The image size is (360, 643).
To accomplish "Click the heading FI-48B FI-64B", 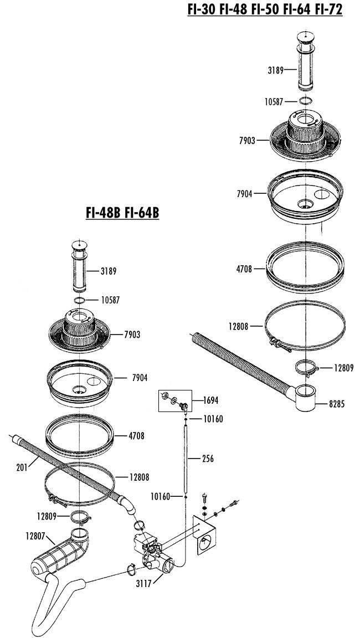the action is [x=122, y=213].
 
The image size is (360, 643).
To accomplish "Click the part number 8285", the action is [x=337, y=404].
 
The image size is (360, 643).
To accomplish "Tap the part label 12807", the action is [x=35, y=536].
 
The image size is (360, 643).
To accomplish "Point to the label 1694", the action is [x=210, y=400].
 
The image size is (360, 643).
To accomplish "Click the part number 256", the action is [x=208, y=459].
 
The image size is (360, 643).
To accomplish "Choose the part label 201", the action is [x=22, y=467].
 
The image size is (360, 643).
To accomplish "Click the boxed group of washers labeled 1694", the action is [x=175, y=400].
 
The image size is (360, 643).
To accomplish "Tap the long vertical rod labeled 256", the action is [x=186, y=458].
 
